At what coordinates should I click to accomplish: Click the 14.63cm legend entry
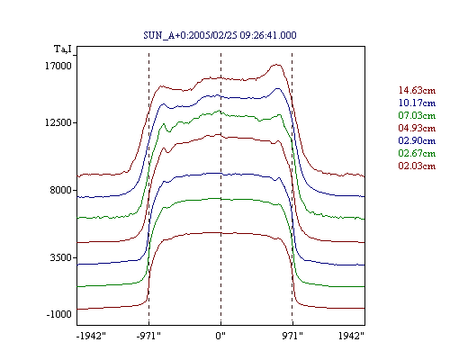[417, 90]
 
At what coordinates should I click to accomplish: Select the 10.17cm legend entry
[417, 103]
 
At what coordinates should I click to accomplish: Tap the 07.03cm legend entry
[417, 115]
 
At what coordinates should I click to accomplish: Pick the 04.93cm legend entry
[417, 128]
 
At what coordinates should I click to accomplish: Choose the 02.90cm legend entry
[417, 140]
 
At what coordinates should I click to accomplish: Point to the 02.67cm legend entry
[417, 153]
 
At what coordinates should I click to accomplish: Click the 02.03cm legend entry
[417, 166]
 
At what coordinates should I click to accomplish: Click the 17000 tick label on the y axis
[58, 66]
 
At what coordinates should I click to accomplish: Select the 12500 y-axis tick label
[58, 122]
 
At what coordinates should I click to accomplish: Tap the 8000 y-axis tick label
[61, 190]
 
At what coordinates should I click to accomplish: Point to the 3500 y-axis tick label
[61, 257]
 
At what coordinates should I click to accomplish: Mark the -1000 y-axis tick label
[58, 314]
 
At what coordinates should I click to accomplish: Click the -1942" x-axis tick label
[91, 336]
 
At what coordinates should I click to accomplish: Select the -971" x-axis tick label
[148, 336]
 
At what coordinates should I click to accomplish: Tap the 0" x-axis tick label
[220, 336]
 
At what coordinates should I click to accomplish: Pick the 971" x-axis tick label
[292, 336]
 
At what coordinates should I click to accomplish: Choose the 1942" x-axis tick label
[351, 336]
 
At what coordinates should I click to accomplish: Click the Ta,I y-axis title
[63, 49]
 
